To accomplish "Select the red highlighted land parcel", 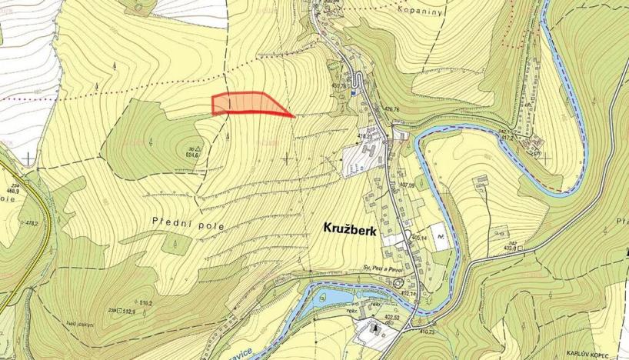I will tap(246, 103).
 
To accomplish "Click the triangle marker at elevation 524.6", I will tap(198, 148).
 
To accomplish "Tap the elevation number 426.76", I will tap(391, 110).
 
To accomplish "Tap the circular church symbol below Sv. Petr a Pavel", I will tap(397, 283).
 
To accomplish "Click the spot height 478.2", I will tap(32, 223).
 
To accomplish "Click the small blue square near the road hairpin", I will tap(353, 92).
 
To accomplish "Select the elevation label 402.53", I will tap(393, 316).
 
